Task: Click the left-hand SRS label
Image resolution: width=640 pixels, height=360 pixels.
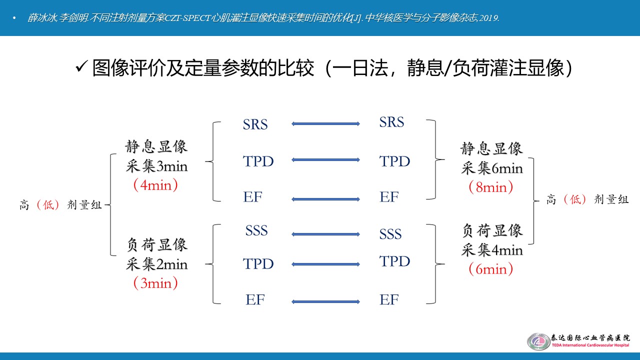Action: coord(255,124)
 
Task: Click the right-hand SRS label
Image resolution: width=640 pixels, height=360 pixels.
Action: coord(391,122)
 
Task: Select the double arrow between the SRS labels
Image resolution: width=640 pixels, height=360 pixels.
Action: coord(325,123)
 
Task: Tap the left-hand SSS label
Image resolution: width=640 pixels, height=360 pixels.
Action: coord(256,230)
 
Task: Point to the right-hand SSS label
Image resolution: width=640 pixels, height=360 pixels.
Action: coord(390,234)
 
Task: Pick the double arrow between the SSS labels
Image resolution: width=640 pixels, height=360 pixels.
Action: coord(325,234)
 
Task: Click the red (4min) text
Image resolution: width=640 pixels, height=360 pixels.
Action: coord(155,185)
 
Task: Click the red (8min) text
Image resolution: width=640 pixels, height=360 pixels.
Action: coord(491,187)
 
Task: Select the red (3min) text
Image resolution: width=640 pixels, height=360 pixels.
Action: coord(155,283)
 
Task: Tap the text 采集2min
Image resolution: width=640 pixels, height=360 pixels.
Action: coord(156,264)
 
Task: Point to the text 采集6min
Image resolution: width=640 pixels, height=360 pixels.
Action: coord(492,168)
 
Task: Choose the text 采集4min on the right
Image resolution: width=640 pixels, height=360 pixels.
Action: coord(492,250)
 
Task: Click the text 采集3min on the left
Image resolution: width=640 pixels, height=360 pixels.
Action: coord(156,166)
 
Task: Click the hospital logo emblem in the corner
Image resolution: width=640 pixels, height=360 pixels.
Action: coord(538,341)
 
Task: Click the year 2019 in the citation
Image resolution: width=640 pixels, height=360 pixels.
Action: coord(489,18)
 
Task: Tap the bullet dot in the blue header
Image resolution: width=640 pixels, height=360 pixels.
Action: coord(14,18)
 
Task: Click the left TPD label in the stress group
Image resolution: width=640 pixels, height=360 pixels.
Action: coord(258,263)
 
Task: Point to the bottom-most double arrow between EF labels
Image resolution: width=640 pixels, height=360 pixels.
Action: coord(325,301)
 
